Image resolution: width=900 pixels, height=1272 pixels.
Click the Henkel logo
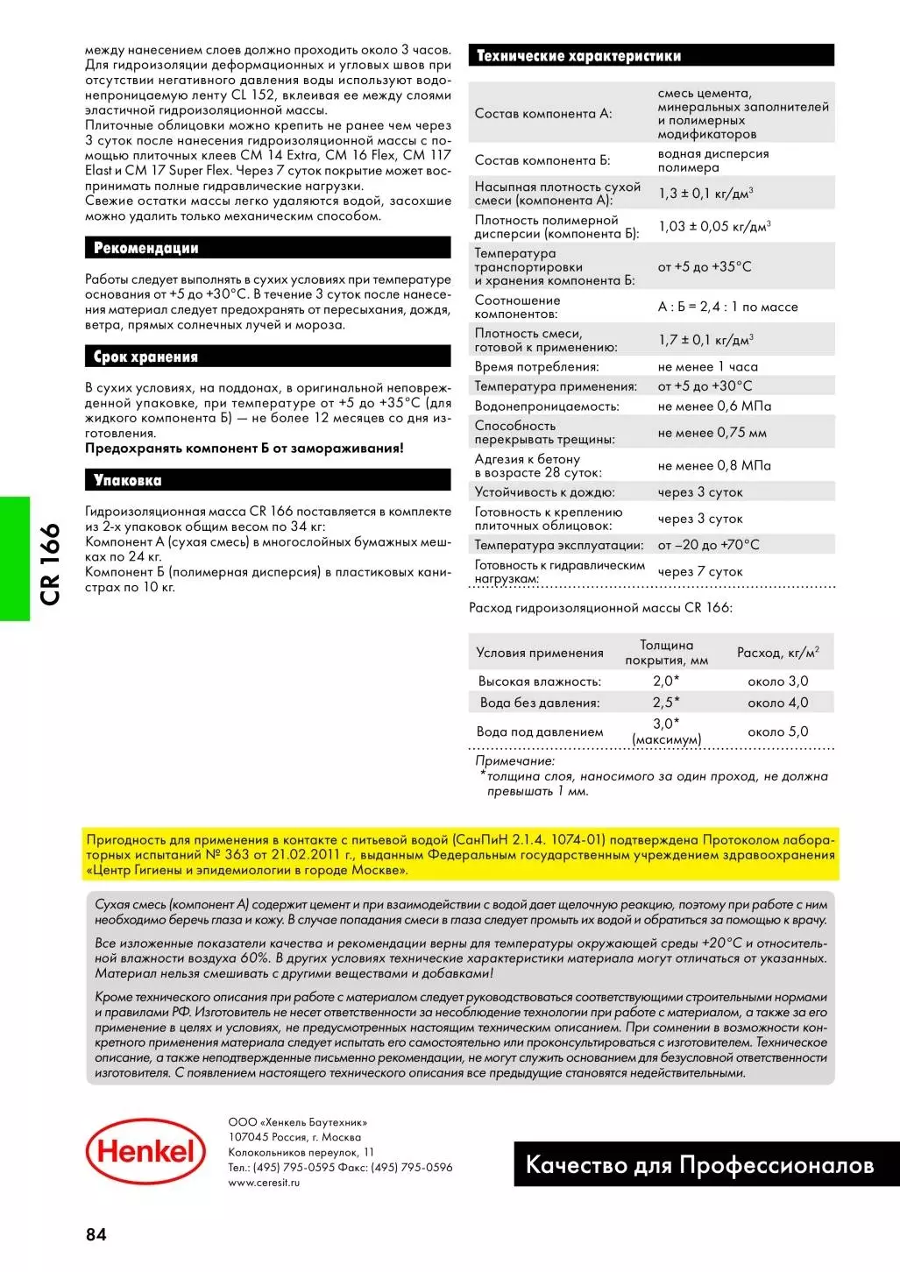[145, 1150]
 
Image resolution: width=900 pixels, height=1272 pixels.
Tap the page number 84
[96, 1234]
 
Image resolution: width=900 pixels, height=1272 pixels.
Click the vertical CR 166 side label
[50, 563]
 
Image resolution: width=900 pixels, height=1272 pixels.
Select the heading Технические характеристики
[578, 56]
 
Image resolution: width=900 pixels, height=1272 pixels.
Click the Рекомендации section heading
[146, 248]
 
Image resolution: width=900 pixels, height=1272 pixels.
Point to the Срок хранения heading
[146, 357]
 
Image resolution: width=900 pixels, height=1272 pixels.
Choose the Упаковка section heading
[128, 480]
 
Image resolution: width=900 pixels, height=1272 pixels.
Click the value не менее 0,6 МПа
[714, 406]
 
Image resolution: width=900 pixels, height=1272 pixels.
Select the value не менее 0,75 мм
[712, 433]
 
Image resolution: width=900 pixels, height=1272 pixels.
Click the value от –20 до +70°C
[708, 545]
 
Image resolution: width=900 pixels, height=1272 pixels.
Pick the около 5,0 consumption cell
[777, 731]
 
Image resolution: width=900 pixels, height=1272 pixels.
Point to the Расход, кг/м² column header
[777, 653]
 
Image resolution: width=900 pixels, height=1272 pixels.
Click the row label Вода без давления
[540, 703]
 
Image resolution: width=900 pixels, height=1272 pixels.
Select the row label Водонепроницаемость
[547, 406]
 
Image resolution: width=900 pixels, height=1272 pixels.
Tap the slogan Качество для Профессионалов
[699, 1165]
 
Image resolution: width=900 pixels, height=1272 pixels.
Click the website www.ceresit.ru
[264, 1183]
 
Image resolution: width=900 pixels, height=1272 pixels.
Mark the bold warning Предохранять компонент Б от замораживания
[244, 449]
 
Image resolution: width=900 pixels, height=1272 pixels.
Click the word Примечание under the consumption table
[515, 761]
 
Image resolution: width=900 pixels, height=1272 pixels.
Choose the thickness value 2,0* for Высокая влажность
[666, 681]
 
